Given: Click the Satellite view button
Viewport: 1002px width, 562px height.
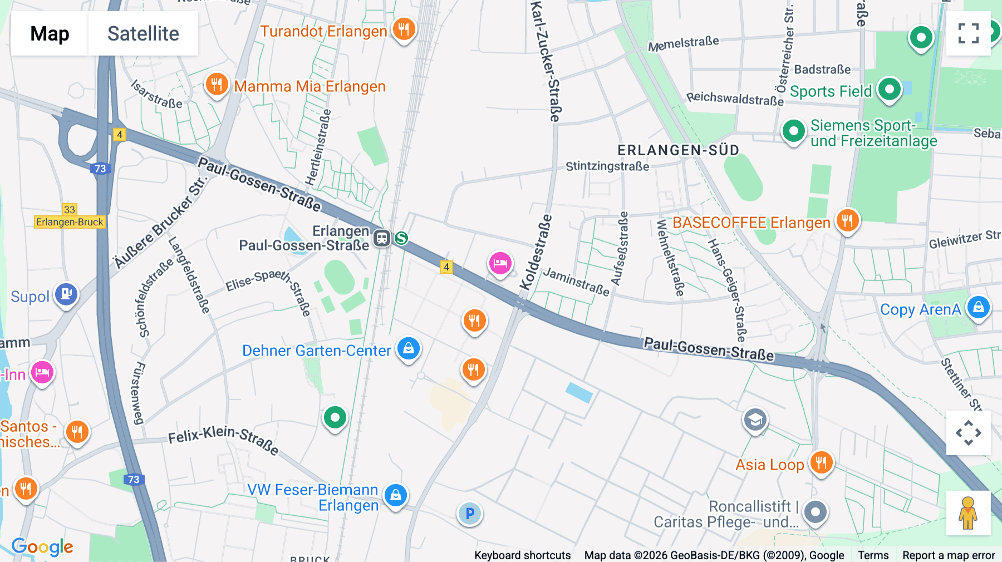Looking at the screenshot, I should point(143,33).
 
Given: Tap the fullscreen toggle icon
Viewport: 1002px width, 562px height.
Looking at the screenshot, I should point(968,33).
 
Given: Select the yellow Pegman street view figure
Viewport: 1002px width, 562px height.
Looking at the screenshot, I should point(968,512).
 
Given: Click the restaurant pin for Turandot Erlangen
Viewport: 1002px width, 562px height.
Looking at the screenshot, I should point(404,28).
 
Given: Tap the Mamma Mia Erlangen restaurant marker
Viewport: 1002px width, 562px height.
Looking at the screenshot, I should point(217,85).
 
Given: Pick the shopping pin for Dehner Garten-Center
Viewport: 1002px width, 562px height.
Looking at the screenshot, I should point(409,349).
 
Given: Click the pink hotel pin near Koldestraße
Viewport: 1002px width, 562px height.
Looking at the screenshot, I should point(500,263).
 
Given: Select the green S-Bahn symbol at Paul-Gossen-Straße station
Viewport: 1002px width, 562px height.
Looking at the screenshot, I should point(401,238).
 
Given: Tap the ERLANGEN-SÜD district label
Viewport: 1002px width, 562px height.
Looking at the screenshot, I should point(678,150).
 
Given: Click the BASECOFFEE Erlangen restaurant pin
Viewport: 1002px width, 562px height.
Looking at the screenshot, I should point(847,221).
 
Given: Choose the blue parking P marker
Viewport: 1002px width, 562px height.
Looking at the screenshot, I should point(470,514).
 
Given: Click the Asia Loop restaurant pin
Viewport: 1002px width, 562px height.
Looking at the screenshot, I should point(822,462).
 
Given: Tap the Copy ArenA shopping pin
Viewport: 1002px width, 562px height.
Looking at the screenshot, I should point(979,307).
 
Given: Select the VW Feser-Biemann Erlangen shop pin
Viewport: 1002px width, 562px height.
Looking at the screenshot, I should point(396,494).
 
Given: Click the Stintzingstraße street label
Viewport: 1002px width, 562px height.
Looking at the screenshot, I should point(607,166).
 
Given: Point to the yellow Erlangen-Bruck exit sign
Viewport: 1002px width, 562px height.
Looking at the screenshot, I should point(70,222).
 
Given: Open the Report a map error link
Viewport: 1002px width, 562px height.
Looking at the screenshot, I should point(949,555).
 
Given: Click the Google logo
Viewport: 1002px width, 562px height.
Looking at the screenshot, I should point(42,547).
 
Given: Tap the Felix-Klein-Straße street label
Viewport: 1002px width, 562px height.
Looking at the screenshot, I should point(223,439).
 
